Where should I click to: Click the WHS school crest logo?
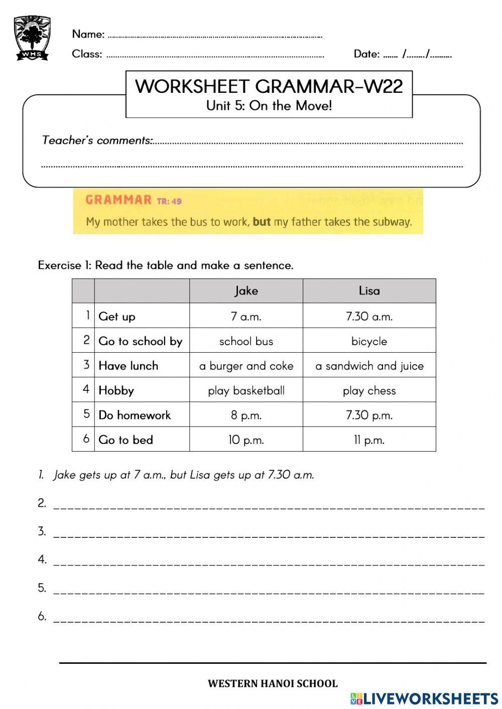tap(32, 38)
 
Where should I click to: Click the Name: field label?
tap(88, 34)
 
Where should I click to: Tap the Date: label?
tap(366, 54)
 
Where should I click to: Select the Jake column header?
tap(246, 291)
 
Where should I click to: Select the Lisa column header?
tap(369, 291)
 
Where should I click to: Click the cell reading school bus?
tap(246, 341)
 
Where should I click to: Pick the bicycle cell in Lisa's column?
tap(369, 341)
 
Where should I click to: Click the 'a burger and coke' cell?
tap(246, 366)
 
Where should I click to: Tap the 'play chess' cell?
tap(369, 390)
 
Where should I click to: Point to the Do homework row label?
tap(135, 415)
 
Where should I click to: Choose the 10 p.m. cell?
tap(246, 440)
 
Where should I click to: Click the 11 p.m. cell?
tap(369, 440)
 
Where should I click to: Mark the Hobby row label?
tap(116, 390)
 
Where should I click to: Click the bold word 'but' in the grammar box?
tap(262, 221)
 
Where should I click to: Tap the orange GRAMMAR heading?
tap(118, 200)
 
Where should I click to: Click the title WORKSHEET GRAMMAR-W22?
tap(269, 86)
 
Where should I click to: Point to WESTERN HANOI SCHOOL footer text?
tap(273, 683)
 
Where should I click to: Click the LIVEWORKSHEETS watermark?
tap(424, 698)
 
